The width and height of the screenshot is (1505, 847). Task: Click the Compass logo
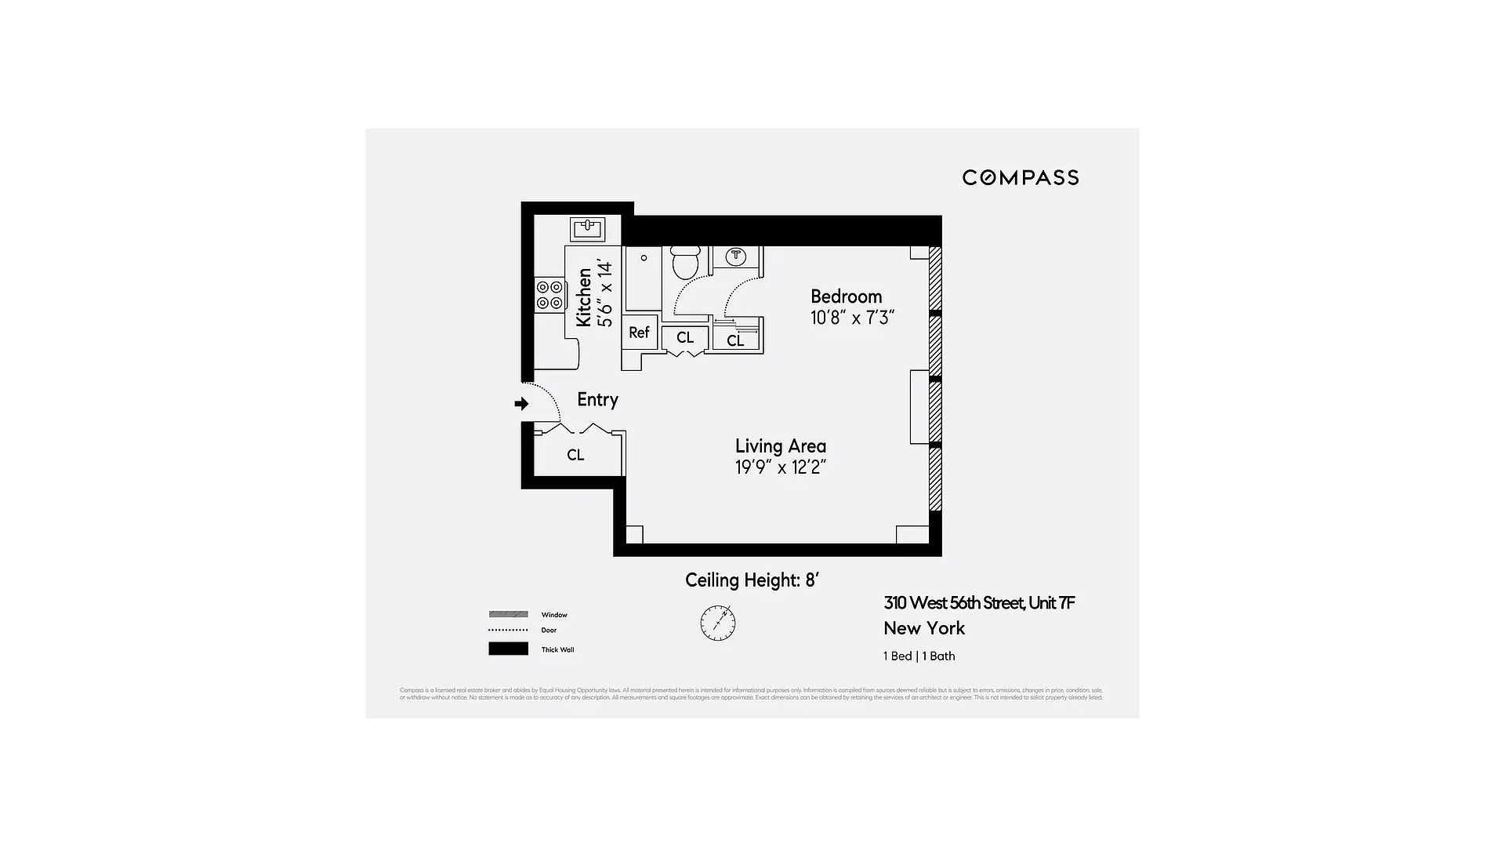click(x=1020, y=178)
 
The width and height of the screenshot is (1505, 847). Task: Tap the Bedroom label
click(x=846, y=296)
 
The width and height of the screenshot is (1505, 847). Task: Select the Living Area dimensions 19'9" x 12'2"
click(x=780, y=467)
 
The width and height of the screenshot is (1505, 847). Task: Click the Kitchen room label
click(x=584, y=297)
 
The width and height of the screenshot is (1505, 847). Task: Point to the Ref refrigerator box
click(x=639, y=333)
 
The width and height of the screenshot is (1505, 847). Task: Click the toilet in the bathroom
click(x=686, y=264)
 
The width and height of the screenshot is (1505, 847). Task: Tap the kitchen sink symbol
click(x=587, y=228)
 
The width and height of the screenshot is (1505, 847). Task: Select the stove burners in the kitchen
click(x=549, y=295)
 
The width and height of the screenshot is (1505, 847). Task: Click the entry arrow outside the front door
click(x=521, y=404)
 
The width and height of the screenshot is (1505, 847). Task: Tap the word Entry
click(x=597, y=400)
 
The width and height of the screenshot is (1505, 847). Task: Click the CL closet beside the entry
click(x=575, y=455)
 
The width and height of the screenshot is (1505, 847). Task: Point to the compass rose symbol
click(x=717, y=623)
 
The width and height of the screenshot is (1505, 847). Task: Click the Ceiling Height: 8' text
click(x=752, y=580)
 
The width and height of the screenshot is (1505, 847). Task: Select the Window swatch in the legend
click(x=508, y=614)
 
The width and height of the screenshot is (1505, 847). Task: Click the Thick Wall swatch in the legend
click(x=508, y=649)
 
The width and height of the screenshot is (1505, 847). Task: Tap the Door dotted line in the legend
click(x=508, y=630)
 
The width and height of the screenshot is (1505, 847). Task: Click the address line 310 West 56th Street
click(x=978, y=603)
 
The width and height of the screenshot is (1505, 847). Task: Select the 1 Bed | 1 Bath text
click(x=919, y=656)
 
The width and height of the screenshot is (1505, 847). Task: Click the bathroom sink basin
click(x=735, y=256)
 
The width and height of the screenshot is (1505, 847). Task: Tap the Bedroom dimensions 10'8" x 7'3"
click(x=852, y=318)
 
